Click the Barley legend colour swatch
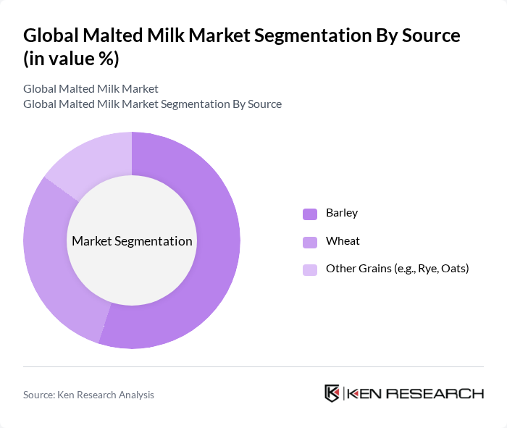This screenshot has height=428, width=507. point(310,214)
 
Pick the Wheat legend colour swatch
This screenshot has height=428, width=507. point(310,241)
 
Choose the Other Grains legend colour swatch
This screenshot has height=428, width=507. point(310,269)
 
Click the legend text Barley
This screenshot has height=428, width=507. point(342,213)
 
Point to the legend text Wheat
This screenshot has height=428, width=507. point(343,240)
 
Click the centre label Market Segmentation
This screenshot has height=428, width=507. point(132,241)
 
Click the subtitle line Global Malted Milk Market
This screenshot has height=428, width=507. point(91,89)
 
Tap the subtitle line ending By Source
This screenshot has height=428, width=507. point(152,104)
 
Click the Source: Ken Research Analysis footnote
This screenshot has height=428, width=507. point(88,395)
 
